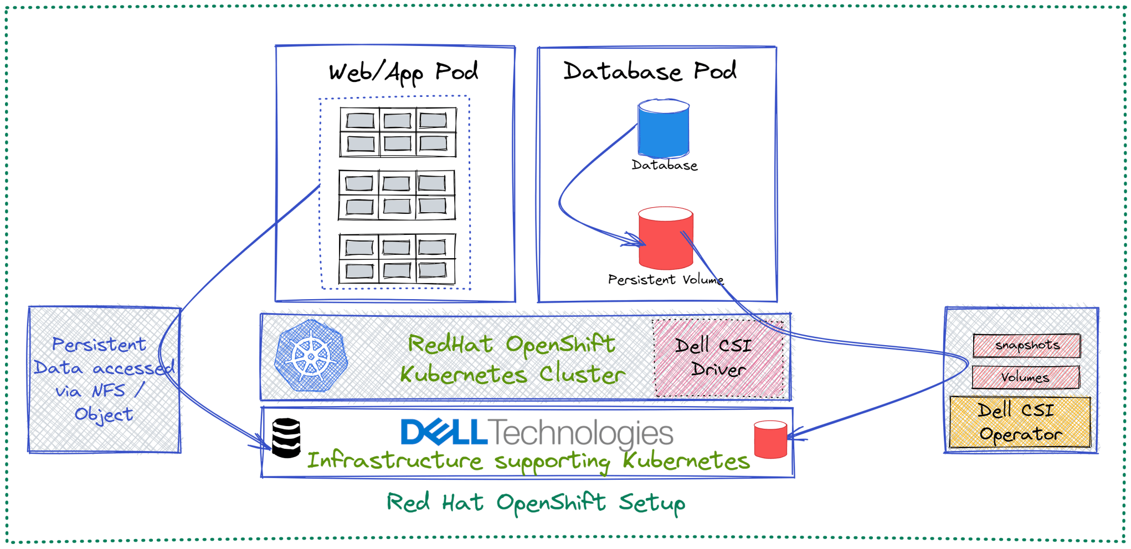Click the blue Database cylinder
click(663, 129)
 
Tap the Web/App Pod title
click(403, 73)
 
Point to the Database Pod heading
click(650, 71)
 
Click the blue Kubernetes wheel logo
click(311, 356)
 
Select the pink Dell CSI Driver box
click(718, 357)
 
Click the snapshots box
click(1026, 346)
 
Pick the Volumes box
click(1025, 378)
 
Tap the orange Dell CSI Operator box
click(1020, 422)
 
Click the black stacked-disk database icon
click(286, 438)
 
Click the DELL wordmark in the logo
click(443, 433)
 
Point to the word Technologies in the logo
click(582, 433)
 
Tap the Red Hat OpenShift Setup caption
click(536, 503)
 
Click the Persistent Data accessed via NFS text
click(103, 379)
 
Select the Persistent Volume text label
click(665, 280)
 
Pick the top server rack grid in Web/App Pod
click(398, 132)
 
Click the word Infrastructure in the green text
click(395, 461)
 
